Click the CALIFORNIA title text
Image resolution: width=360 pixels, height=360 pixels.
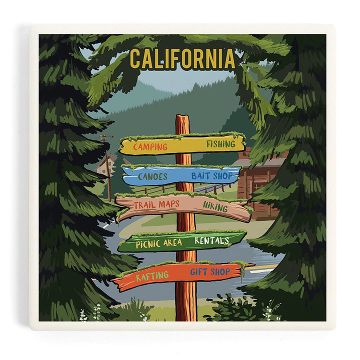[182, 59]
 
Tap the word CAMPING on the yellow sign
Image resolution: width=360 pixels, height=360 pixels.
[150, 147]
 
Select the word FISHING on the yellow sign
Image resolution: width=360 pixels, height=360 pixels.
[220, 144]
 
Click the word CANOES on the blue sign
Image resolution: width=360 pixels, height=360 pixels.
[152, 176]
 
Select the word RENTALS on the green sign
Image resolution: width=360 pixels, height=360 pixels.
[211, 241]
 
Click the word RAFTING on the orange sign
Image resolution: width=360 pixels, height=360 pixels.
[152, 275]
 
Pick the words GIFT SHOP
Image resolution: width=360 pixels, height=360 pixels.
[210, 272]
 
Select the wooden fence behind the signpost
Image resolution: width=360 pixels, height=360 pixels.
[210, 189]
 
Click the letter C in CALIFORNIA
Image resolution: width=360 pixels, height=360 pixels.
[135, 59]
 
